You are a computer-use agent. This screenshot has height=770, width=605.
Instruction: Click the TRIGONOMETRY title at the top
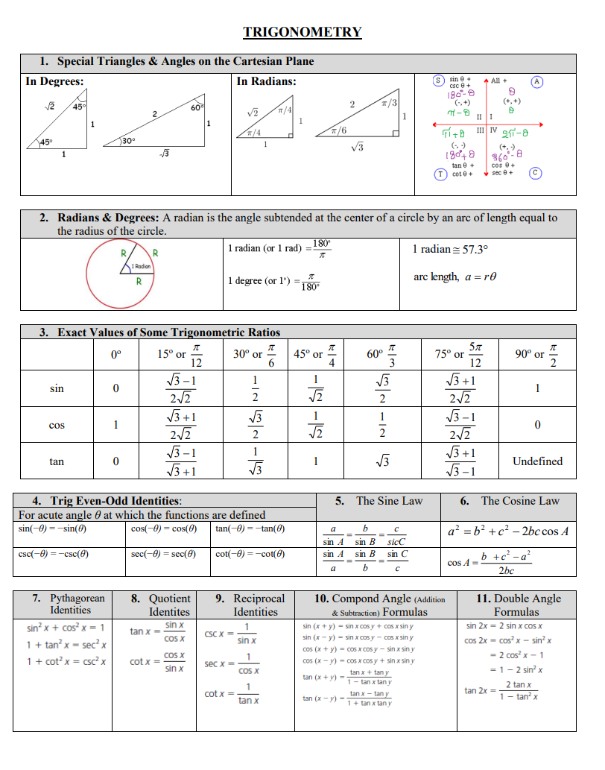302,32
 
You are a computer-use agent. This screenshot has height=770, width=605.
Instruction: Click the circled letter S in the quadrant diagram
439,81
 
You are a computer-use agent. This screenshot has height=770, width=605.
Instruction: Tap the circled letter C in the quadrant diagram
535,174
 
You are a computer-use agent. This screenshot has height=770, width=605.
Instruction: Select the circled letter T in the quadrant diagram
441,174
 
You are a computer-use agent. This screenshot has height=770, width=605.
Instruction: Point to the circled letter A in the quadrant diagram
536,81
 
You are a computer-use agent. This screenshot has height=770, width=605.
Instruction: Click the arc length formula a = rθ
454,277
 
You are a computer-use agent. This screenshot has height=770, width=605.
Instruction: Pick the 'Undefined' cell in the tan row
537,461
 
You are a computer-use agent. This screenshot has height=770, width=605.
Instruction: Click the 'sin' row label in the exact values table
57,388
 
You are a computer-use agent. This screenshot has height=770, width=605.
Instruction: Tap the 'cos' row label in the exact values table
57,425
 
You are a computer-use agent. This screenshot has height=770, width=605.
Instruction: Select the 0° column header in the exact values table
115,355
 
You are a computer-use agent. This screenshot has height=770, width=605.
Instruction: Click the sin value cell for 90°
537,388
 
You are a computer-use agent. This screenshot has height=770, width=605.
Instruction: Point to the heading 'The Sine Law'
389,501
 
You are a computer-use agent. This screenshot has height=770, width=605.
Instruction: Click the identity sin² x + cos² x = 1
65,628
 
